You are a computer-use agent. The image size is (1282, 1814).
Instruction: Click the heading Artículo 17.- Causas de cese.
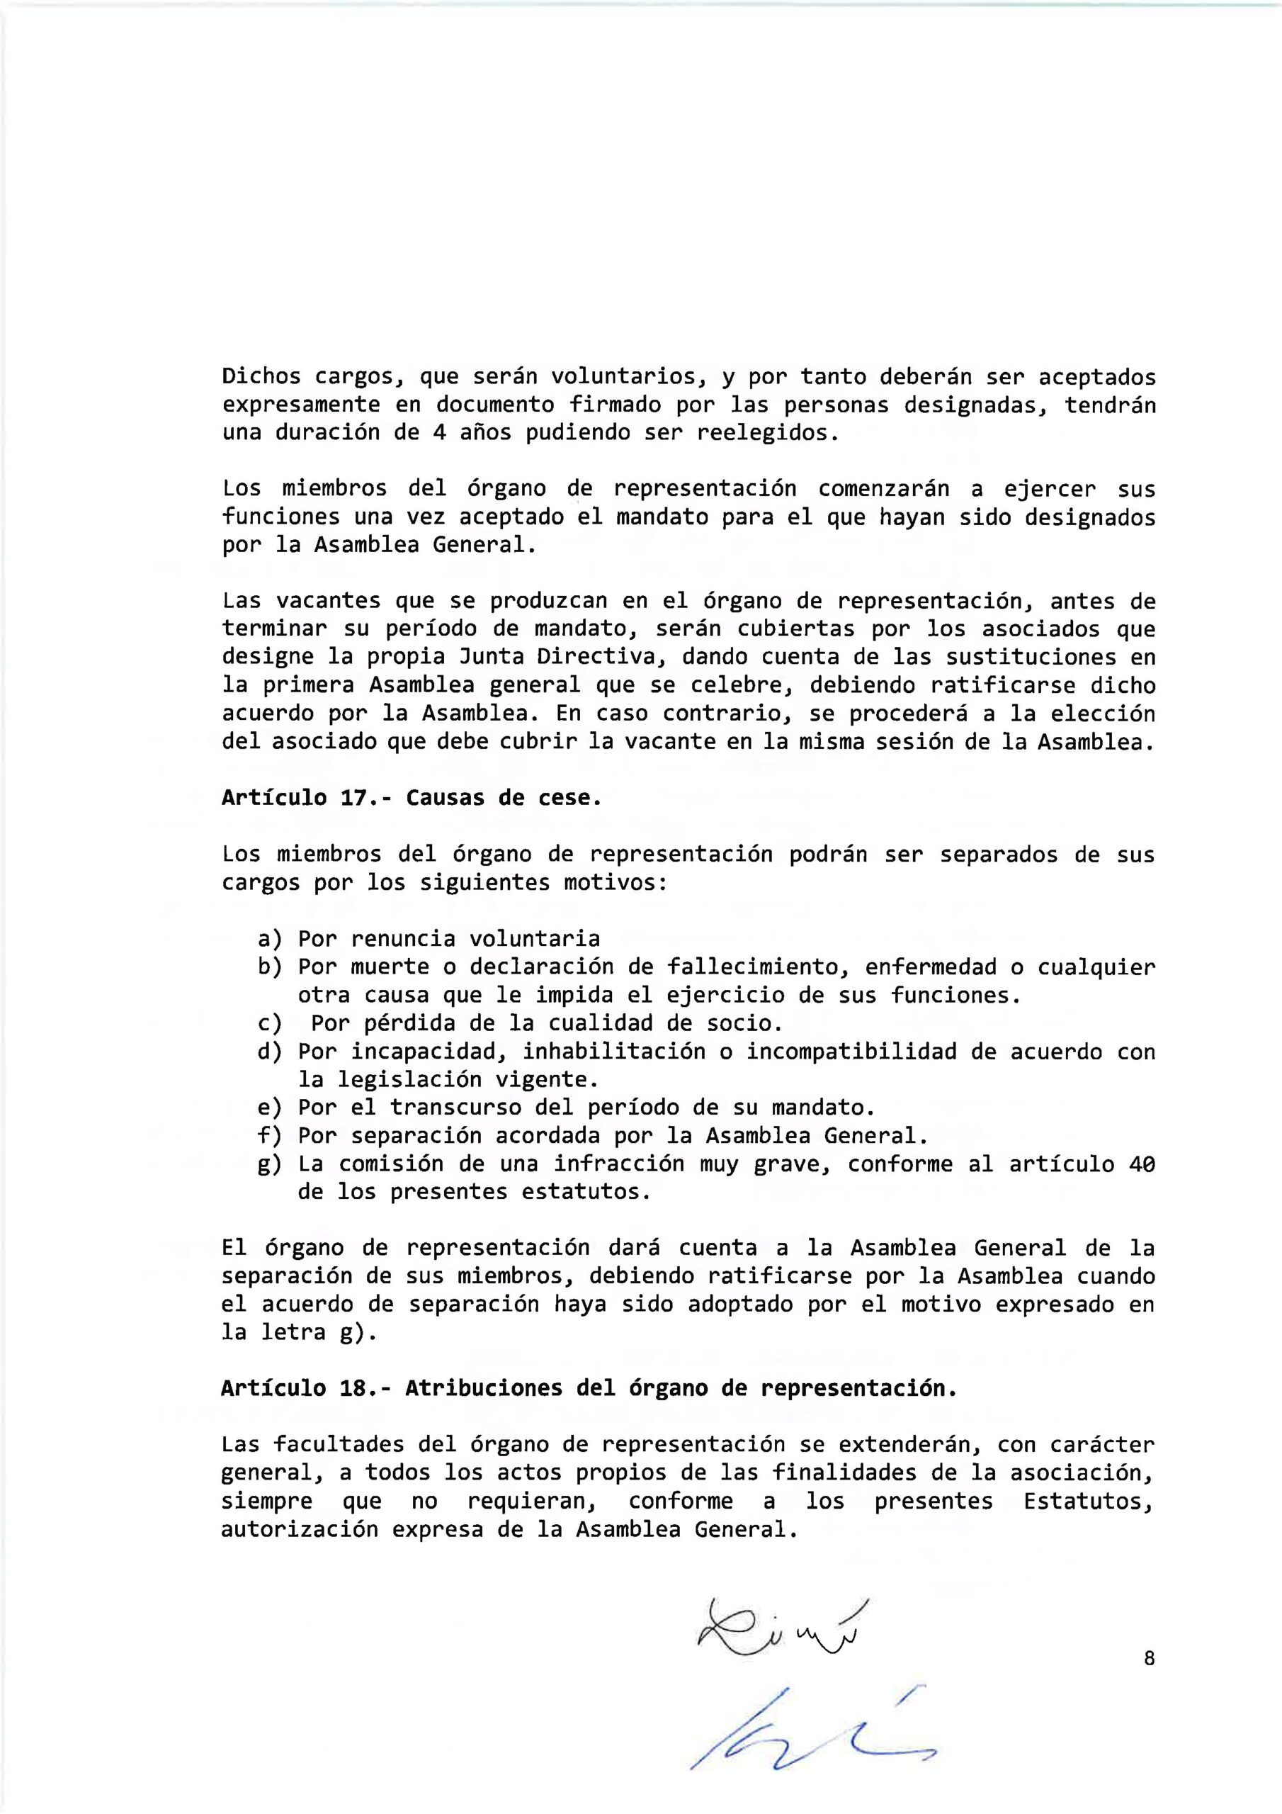[x=412, y=798]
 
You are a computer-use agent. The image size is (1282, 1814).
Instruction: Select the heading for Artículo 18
[x=589, y=1388]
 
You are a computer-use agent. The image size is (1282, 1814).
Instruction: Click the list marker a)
[x=270, y=940]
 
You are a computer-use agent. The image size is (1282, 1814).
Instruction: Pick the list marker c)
[x=270, y=1024]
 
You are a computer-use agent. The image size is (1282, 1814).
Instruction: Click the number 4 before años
[x=440, y=433]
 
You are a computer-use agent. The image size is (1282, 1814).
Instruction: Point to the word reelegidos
[x=765, y=433]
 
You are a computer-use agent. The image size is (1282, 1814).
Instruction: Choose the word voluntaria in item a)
[x=535, y=940]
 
